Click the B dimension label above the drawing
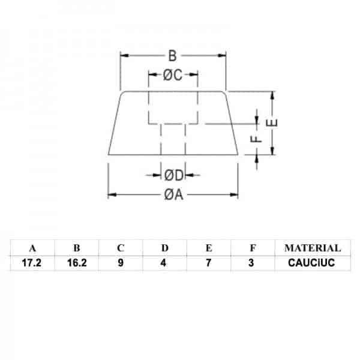[x=172, y=56]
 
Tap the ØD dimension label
[x=173, y=175]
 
